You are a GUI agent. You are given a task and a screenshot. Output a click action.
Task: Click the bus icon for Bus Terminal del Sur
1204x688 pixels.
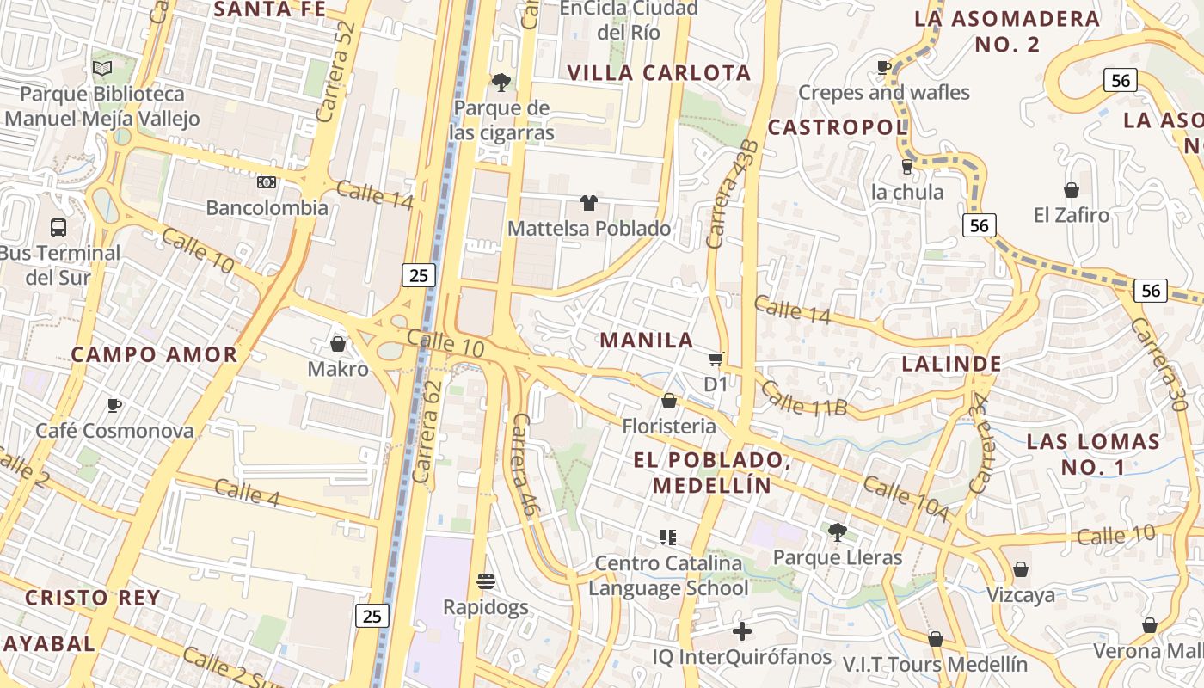[58, 228]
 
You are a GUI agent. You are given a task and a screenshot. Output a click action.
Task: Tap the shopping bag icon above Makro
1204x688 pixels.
[338, 344]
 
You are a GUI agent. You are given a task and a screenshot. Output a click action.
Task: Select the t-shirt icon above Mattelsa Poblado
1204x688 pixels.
[588, 203]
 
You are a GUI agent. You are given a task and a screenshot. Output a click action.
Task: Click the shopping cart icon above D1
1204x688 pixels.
[716, 359]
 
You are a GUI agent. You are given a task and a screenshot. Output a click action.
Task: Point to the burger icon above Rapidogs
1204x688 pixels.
[486, 581]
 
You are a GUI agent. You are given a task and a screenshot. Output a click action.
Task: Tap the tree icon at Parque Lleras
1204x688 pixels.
[837, 531]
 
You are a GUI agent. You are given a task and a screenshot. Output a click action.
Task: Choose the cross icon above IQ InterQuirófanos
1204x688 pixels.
[741, 632]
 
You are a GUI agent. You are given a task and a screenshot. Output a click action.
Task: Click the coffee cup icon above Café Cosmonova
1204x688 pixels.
[114, 405]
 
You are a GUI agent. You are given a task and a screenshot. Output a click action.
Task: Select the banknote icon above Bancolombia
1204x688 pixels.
[267, 182]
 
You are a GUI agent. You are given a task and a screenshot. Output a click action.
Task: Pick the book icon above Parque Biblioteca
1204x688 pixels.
[101, 68]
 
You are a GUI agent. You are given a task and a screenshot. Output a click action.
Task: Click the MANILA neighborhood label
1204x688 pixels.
[647, 340]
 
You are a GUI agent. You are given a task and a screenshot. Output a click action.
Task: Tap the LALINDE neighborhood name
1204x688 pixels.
[951, 363]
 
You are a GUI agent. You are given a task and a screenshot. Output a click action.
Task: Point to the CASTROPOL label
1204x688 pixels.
[837, 127]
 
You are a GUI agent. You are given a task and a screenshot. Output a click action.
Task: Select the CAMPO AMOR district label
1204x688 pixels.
[154, 354]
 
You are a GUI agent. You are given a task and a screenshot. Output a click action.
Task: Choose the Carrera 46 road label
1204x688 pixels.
[525, 465]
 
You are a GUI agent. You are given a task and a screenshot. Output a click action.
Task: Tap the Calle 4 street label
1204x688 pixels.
[247, 494]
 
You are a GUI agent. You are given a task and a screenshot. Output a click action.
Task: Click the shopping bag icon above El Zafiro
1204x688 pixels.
[1072, 189]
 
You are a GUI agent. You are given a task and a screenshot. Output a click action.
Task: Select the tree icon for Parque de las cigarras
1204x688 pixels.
[501, 83]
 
